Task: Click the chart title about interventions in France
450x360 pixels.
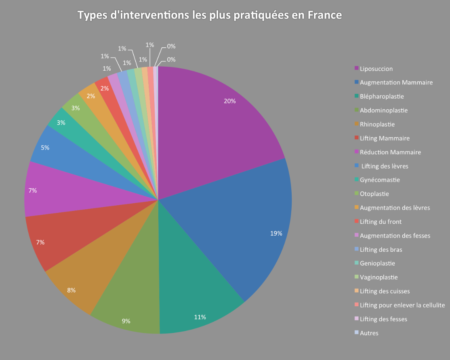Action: pyautogui.click(x=210, y=15)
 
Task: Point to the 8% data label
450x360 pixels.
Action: pyautogui.click(x=71, y=290)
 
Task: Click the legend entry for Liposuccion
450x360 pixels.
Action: pyautogui.click(x=376, y=69)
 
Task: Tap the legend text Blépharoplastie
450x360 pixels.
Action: pyautogui.click(x=382, y=97)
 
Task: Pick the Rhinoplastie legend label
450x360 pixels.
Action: pyautogui.click(x=377, y=124)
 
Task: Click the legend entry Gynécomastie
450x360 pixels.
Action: pyautogui.click(x=380, y=180)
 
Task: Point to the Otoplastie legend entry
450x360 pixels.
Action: pyautogui.click(x=374, y=194)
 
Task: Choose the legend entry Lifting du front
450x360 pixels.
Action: pyautogui.click(x=381, y=221)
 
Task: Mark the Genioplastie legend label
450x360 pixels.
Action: pyautogui.click(x=377, y=263)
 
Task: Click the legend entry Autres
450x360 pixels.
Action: pyautogui.click(x=369, y=333)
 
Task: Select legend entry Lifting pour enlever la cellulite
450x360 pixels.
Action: pyautogui.click(x=402, y=305)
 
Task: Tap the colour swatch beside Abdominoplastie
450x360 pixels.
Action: pyautogui.click(x=357, y=110)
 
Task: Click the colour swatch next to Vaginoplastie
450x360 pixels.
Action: pyautogui.click(x=357, y=277)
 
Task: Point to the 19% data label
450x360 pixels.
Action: pyautogui.click(x=276, y=234)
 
